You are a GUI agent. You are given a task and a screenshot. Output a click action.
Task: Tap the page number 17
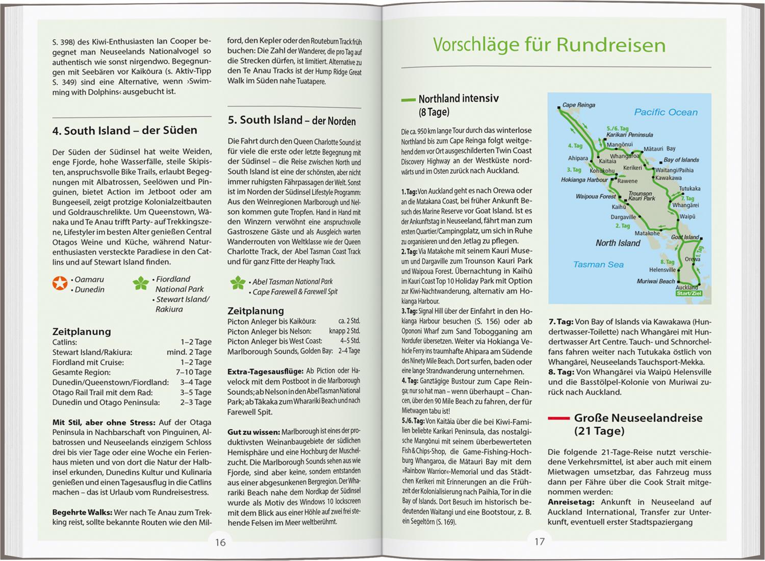coord(540,541)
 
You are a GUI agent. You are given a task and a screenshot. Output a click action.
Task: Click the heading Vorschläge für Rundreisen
coord(549,45)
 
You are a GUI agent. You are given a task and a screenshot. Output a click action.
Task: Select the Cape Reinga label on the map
coord(578,105)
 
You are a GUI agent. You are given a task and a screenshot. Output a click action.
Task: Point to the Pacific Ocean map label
coord(666,112)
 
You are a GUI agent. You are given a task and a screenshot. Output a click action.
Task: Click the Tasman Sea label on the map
coord(598,264)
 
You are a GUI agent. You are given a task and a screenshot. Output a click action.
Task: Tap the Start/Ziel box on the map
coord(688,294)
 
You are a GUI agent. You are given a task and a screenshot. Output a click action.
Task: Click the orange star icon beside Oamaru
coord(60,284)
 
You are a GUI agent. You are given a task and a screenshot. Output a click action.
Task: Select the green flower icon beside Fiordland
coord(141,284)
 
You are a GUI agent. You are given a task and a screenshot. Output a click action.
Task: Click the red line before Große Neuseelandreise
coord(558,419)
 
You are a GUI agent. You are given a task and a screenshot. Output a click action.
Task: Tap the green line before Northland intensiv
coord(409,100)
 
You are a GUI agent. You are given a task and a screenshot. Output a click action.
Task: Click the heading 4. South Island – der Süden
coord(124,131)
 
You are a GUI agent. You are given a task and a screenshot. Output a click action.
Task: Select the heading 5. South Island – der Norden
coord(292,120)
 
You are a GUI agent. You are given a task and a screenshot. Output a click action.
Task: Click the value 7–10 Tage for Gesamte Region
coord(194,372)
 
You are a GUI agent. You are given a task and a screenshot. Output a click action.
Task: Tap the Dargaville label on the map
coord(623,217)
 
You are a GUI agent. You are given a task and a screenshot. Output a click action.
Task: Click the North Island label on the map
coord(618,243)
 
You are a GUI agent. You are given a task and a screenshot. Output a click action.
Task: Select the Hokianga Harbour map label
coord(584,180)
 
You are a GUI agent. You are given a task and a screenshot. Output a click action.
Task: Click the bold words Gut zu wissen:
coord(253,431)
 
